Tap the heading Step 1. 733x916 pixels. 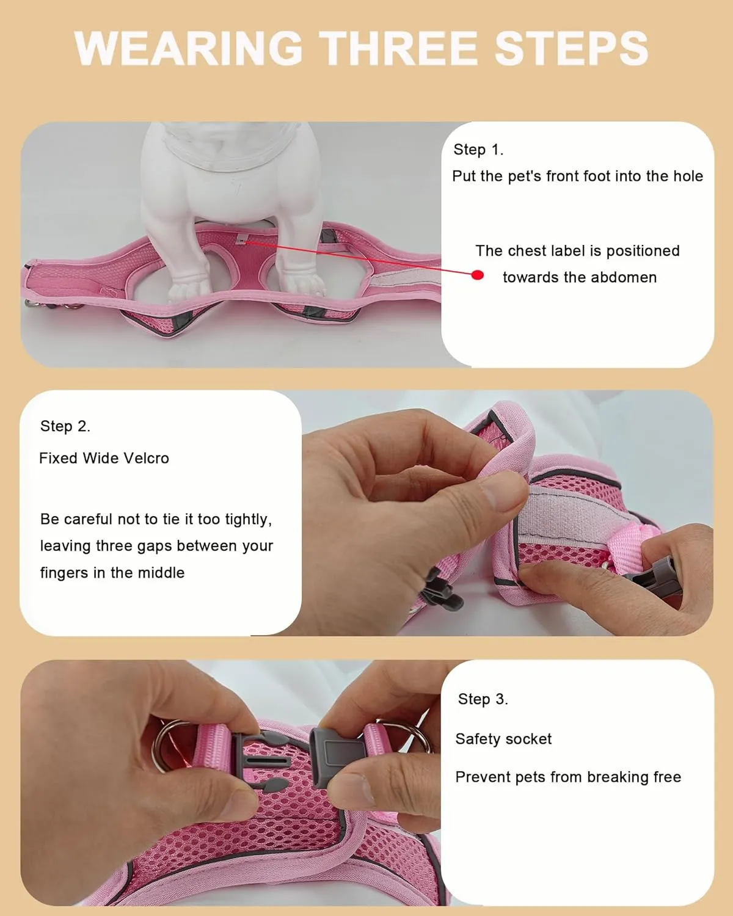click(x=478, y=150)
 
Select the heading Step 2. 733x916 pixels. click(x=65, y=426)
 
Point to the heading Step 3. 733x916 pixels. click(x=483, y=699)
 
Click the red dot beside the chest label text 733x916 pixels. click(x=478, y=275)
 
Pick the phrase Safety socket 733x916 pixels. click(x=503, y=739)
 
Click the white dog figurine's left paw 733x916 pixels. click(x=187, y=287)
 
